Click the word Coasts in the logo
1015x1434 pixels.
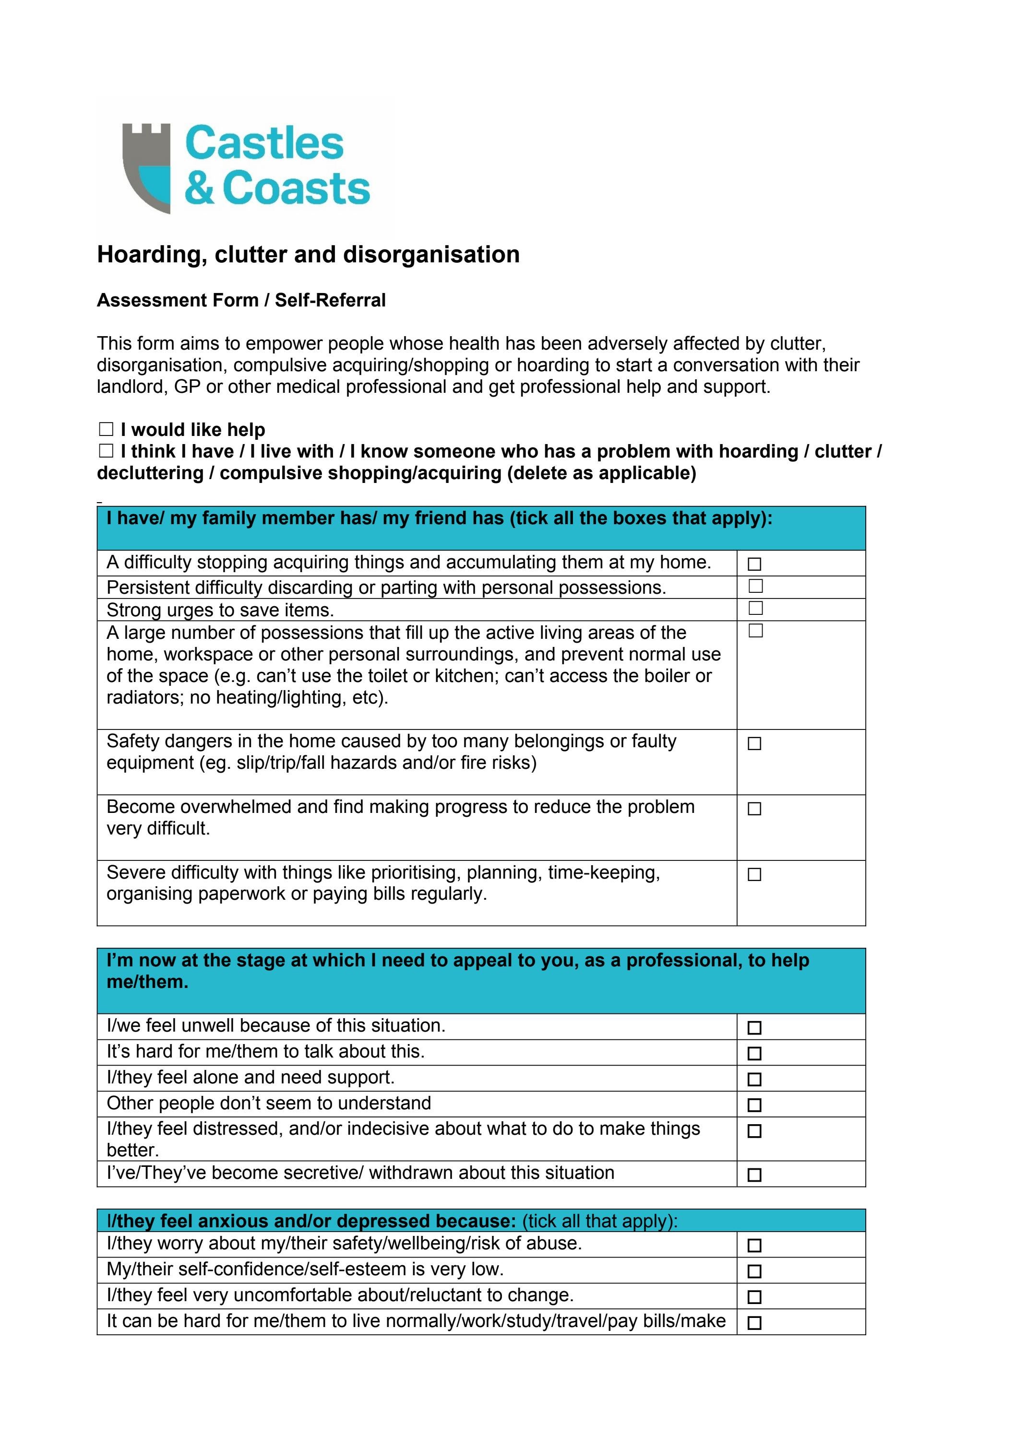tap(296, 188)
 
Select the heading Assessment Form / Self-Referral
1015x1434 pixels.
tap(241, 300)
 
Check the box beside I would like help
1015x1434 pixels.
tap(106, 429)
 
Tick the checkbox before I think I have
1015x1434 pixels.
tap(106, 451)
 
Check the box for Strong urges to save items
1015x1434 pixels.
tap(756, 608)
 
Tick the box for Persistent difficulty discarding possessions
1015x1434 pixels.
tap(756, 586)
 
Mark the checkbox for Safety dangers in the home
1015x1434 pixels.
tap(754, 743)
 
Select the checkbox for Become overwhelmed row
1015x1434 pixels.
tap(754, 809)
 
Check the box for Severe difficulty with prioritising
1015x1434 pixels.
tap(754, 874)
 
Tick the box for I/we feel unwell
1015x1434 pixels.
tap(754, 1027)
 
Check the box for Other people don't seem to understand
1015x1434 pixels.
tap(754, 1105)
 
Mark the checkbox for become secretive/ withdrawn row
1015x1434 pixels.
tap(754, 1175)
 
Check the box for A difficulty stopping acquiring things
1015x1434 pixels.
tap(754, 564)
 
